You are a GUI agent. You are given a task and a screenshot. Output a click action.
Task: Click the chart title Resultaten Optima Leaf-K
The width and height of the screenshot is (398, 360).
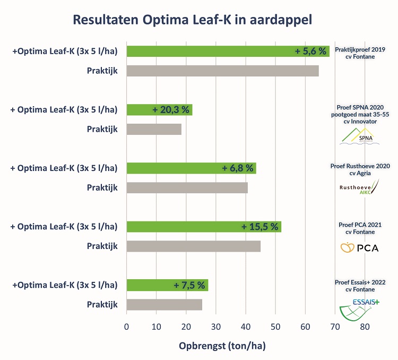(199, 20)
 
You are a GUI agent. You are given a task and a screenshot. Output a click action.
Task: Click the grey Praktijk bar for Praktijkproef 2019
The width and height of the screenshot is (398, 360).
(222, 71)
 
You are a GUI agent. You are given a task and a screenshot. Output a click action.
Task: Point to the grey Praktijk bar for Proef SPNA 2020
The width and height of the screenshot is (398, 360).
(154, 129)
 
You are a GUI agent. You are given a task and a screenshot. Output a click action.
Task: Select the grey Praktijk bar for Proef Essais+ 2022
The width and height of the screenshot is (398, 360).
(164, 304)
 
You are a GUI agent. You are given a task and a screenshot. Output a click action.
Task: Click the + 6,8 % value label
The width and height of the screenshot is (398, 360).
(239, 168)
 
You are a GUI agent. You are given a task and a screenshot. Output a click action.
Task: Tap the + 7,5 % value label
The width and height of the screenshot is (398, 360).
(189, 285)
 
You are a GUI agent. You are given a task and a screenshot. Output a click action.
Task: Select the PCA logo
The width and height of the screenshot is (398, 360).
(360, 247)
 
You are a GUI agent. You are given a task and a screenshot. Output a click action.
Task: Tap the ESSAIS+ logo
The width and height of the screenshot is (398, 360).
(360, 311)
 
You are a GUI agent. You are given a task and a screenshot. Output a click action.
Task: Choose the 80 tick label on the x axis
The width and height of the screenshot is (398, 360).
(365, 327)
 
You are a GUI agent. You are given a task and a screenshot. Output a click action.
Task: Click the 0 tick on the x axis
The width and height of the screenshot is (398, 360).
(127, 327)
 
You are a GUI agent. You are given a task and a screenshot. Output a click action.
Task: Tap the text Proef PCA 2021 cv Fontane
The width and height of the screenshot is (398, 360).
(360, 228)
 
